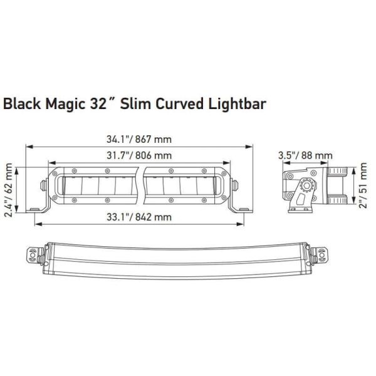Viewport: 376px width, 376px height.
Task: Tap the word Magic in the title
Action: (65, 104)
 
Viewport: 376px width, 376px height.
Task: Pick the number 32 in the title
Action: (98, 104)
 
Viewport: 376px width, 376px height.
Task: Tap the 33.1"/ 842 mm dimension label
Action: (137, 217)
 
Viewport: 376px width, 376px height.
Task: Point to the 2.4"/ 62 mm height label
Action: (9, 189)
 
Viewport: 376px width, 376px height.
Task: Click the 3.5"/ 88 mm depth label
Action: (305, 155)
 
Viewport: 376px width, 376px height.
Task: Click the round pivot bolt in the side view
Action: (306, 186)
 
